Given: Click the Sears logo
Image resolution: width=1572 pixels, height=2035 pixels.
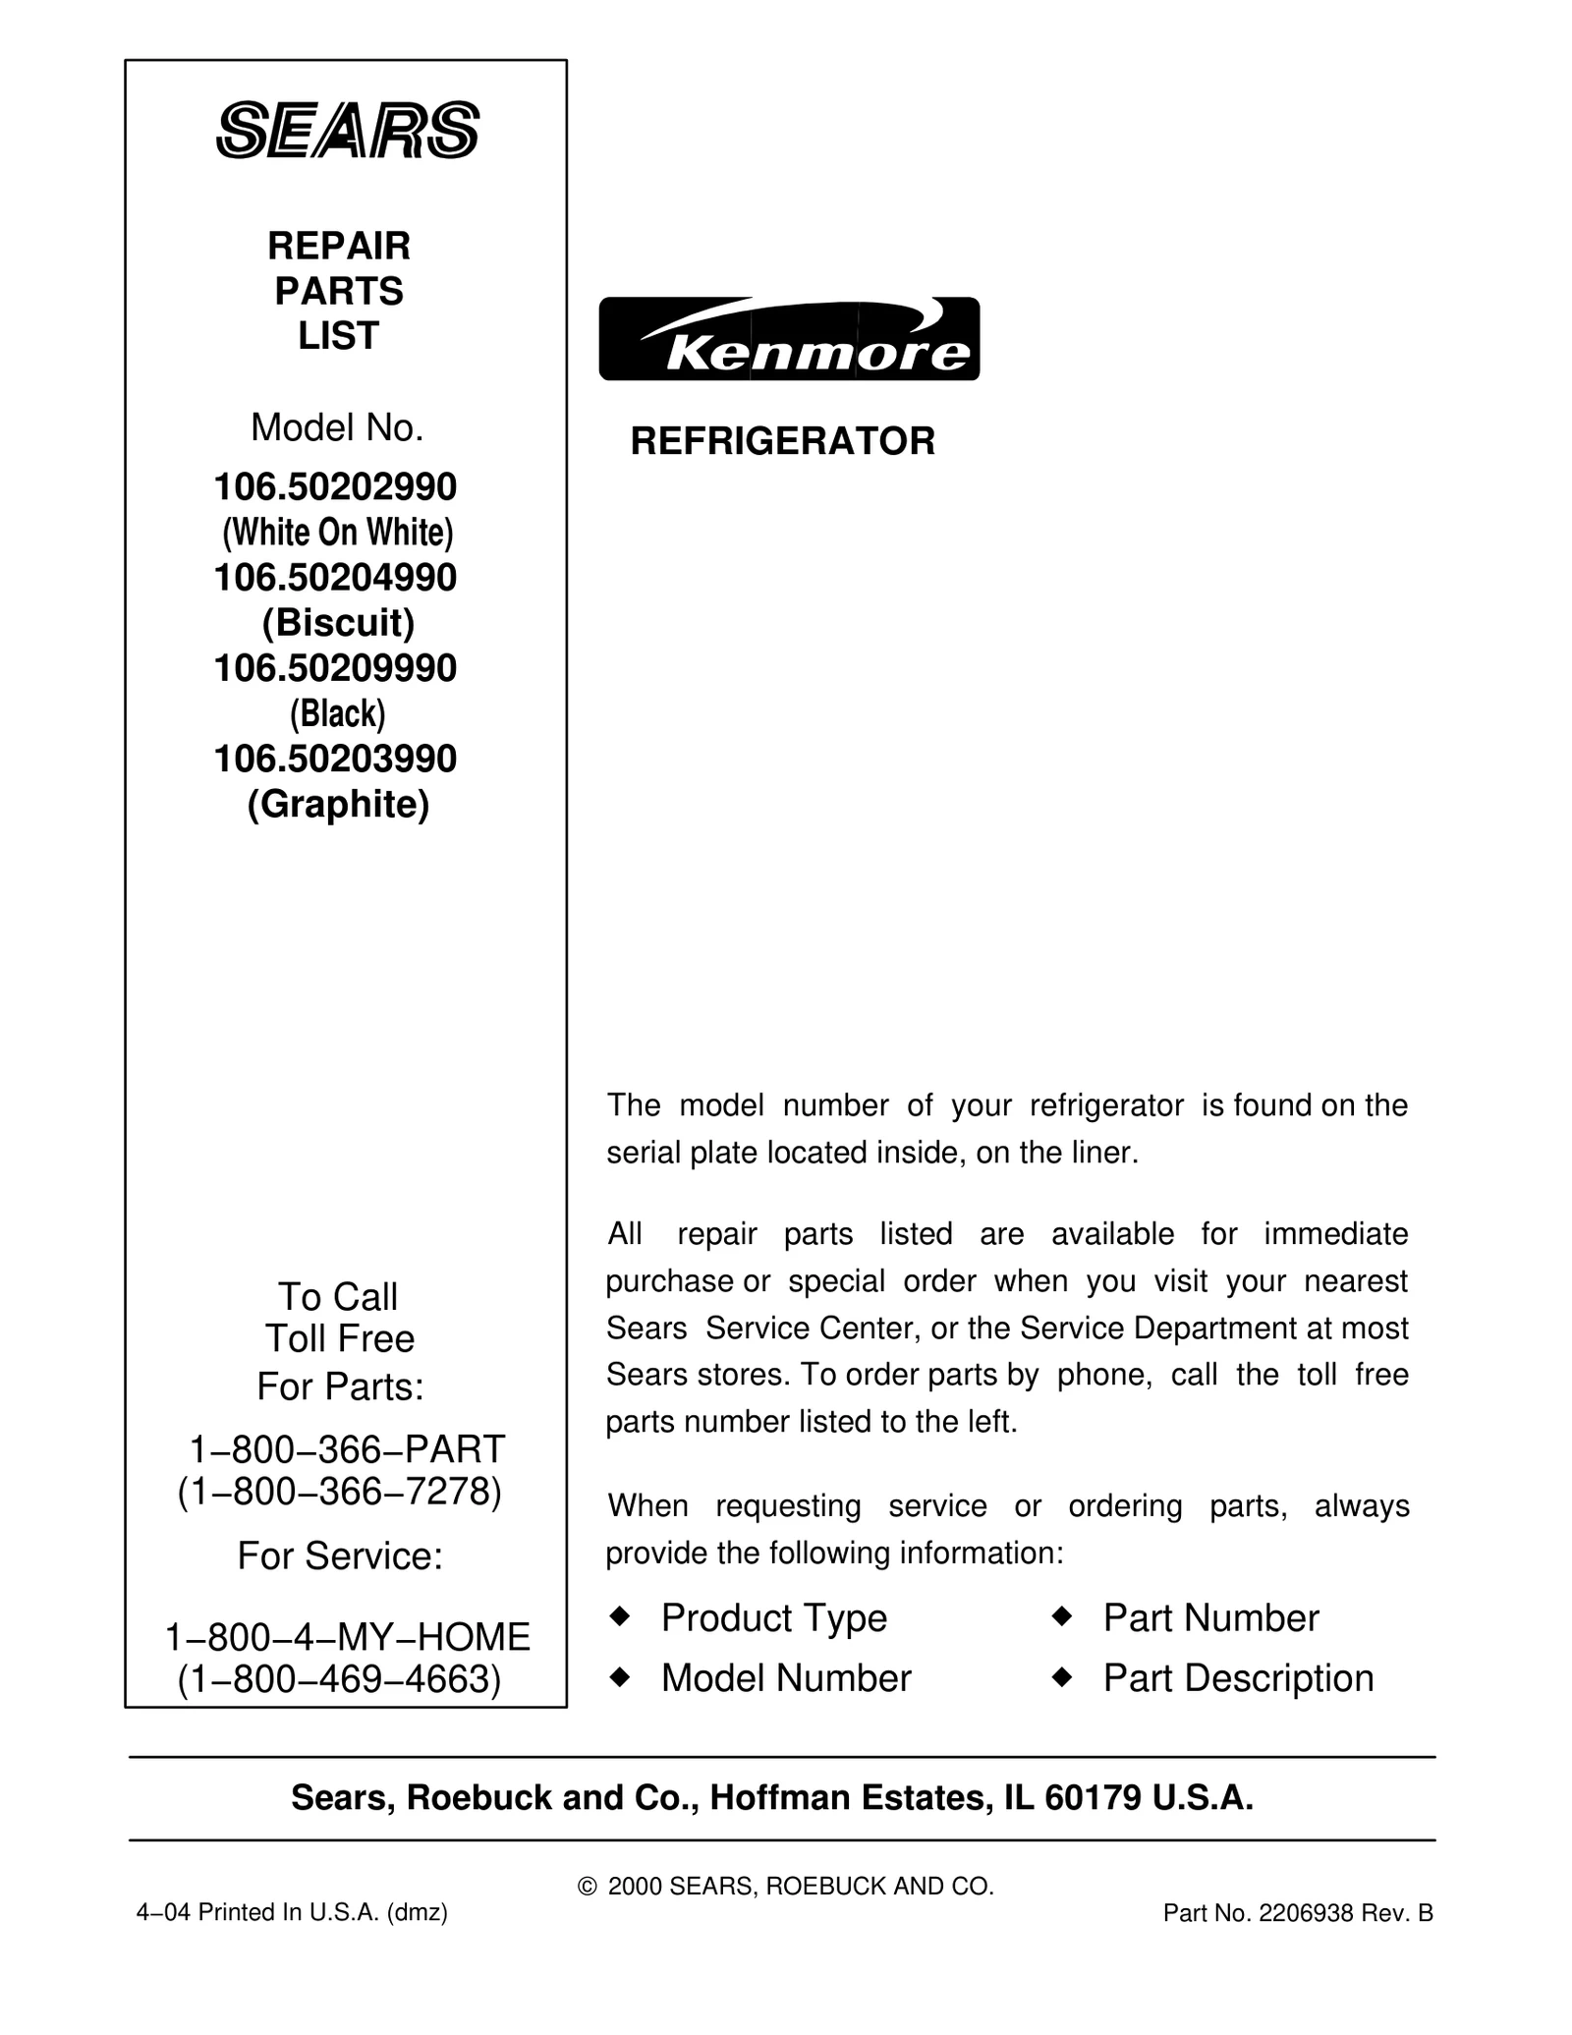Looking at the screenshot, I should (347, 130).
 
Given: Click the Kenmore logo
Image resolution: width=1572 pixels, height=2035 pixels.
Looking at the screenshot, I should (789, 339).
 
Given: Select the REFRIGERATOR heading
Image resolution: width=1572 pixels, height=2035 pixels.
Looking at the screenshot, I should (782, 441).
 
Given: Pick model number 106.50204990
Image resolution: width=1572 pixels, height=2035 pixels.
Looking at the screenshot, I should (335, 578).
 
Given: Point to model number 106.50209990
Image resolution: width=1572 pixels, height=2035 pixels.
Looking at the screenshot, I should (335, 668).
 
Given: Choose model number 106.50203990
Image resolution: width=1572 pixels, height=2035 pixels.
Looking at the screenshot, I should (335, 759).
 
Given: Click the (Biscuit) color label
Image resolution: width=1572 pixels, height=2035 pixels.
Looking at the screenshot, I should (338, 623).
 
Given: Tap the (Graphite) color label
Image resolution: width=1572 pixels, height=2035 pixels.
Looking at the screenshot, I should (338, 804).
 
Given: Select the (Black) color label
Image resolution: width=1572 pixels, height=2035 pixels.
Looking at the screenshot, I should (337, 713).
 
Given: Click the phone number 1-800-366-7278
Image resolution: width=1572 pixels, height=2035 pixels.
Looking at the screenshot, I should (339, 1491).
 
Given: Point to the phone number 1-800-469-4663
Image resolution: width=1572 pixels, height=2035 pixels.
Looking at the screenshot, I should (339, 1679).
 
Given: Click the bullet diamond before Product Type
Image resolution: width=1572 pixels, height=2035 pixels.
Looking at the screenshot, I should (619, 1616).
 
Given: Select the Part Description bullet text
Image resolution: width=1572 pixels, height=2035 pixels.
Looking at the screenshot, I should (1238, 1678).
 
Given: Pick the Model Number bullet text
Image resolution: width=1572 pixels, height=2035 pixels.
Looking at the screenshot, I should (786, 1678).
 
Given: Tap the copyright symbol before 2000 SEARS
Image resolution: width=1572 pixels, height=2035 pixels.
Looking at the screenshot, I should (588, 1887).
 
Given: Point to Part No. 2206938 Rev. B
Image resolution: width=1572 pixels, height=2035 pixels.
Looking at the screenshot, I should (1297, 1913).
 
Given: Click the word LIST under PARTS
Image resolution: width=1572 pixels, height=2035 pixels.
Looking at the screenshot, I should (338, 336).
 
